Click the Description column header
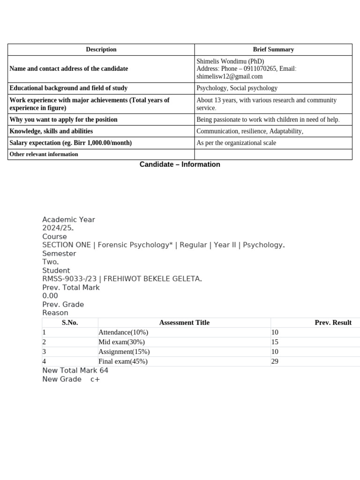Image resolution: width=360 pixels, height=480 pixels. click(101, 49)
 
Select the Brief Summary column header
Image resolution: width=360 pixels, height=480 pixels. click(273, 49)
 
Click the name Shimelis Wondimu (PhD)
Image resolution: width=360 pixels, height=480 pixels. click(230, 61)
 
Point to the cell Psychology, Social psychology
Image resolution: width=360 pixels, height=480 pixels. click(237, 88)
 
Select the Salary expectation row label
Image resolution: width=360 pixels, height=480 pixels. click(71, 143)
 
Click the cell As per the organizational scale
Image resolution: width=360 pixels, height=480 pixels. click(236, 143)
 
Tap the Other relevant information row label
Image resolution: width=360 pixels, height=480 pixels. click(44, 154)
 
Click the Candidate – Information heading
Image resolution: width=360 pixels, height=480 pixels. click(180, 165)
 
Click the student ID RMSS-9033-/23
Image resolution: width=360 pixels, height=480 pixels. click(69, 279)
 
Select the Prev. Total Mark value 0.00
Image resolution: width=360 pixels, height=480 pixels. click(50, 296)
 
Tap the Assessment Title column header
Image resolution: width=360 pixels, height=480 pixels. click(184, 322)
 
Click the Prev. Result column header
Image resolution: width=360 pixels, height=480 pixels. click(333, 322)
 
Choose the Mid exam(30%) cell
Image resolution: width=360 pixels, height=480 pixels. click(121, 342)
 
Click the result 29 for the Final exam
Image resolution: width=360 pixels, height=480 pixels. click(275, 361)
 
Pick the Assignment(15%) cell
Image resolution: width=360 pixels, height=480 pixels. click(124, 352)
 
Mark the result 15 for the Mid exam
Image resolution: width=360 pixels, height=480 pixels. click(275, 342)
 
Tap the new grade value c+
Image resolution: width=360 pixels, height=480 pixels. click(95, 379)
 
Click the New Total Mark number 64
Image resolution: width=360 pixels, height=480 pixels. click(104, 370)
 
